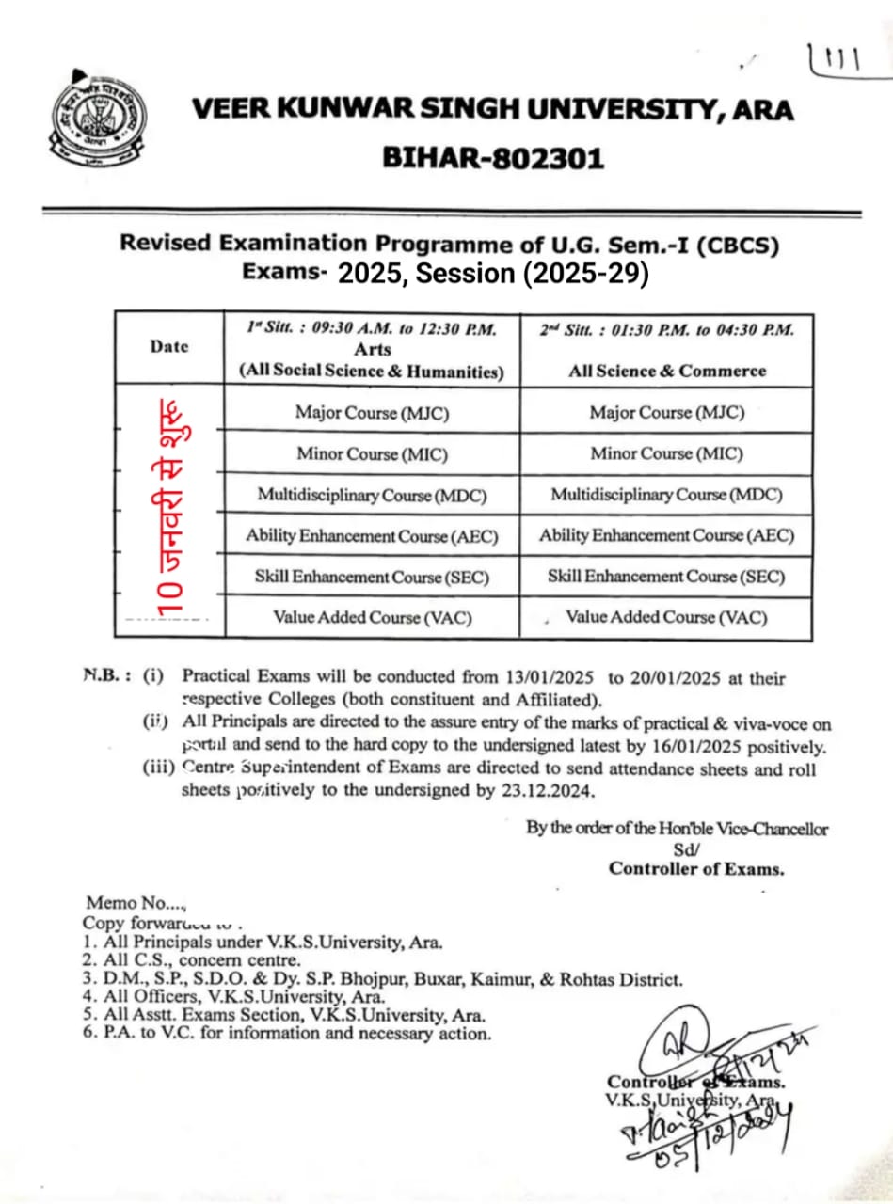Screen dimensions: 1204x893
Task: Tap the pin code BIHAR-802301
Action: (493, 157)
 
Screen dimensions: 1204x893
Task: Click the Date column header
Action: (169, 346)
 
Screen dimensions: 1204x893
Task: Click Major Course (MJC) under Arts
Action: (372, 412)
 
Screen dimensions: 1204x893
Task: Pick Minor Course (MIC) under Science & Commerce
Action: (666, 453)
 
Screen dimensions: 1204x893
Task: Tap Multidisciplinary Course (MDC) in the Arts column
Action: (373, 495)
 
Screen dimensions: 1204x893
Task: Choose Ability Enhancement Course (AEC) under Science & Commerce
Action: (666, 535)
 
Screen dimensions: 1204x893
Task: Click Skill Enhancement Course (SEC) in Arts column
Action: (372, 577)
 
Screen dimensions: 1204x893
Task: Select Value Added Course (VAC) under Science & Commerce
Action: (666, 617)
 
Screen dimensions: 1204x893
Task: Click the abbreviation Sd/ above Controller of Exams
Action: (684, 848)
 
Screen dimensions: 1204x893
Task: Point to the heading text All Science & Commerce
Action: (666, 371)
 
